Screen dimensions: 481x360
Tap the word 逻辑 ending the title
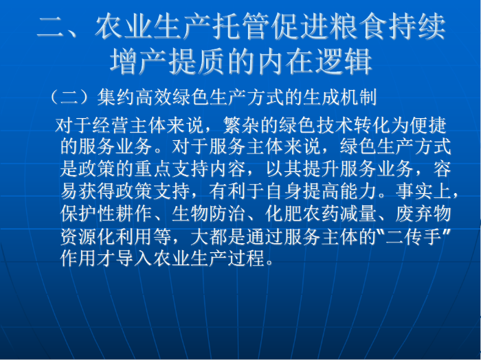pos(344,61)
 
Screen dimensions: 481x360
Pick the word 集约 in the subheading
pos(115,97)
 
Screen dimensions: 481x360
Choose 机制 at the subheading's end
pos(358,97)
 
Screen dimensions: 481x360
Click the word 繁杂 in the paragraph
pos(242,125)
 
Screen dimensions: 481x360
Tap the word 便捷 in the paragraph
pos(428,125)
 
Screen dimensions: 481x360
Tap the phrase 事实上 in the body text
pos(424,191)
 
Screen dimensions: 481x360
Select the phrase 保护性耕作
pos(107,213)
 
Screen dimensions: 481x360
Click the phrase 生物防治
pos(209,213)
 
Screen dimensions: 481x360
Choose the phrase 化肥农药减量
pos(321,213)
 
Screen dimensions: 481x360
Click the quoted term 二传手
pos(414,236)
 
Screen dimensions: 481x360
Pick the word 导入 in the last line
pos(135,258)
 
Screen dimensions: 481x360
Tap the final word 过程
pos(246,258)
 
